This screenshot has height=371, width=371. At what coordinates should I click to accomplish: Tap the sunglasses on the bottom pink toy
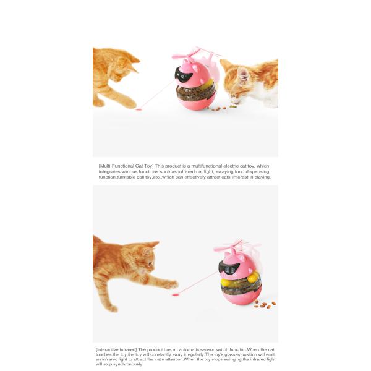pyautogui.click(x=229, y=267)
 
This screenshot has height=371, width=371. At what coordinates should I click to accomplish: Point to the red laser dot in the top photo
pyautogui.click(x=138, y=109)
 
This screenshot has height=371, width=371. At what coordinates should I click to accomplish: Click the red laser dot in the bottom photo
pyautogui.click(x=175, y=295)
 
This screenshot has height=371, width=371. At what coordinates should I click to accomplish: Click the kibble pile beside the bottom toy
pyautogui.click(x=265, y=305)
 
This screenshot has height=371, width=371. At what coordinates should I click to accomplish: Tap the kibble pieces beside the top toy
pyautogui.click(x=221, y=108)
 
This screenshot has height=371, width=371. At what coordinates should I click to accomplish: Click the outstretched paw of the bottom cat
pyautogui.click(x=171, y=284)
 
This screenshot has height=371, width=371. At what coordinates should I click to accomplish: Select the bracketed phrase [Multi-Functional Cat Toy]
pyautogui.click(x=126, y=166)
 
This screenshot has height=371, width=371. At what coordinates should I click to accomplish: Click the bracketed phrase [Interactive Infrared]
pyautogui.click(x=116, y=350)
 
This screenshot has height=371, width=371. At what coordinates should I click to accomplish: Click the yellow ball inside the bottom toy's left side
pyautogui.click(x=225, y=282)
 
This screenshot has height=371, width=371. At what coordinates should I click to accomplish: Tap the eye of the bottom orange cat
pyautogui.click(x=150, y=263)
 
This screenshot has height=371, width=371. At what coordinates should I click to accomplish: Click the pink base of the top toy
pyautogui.click(x=196, y=103)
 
